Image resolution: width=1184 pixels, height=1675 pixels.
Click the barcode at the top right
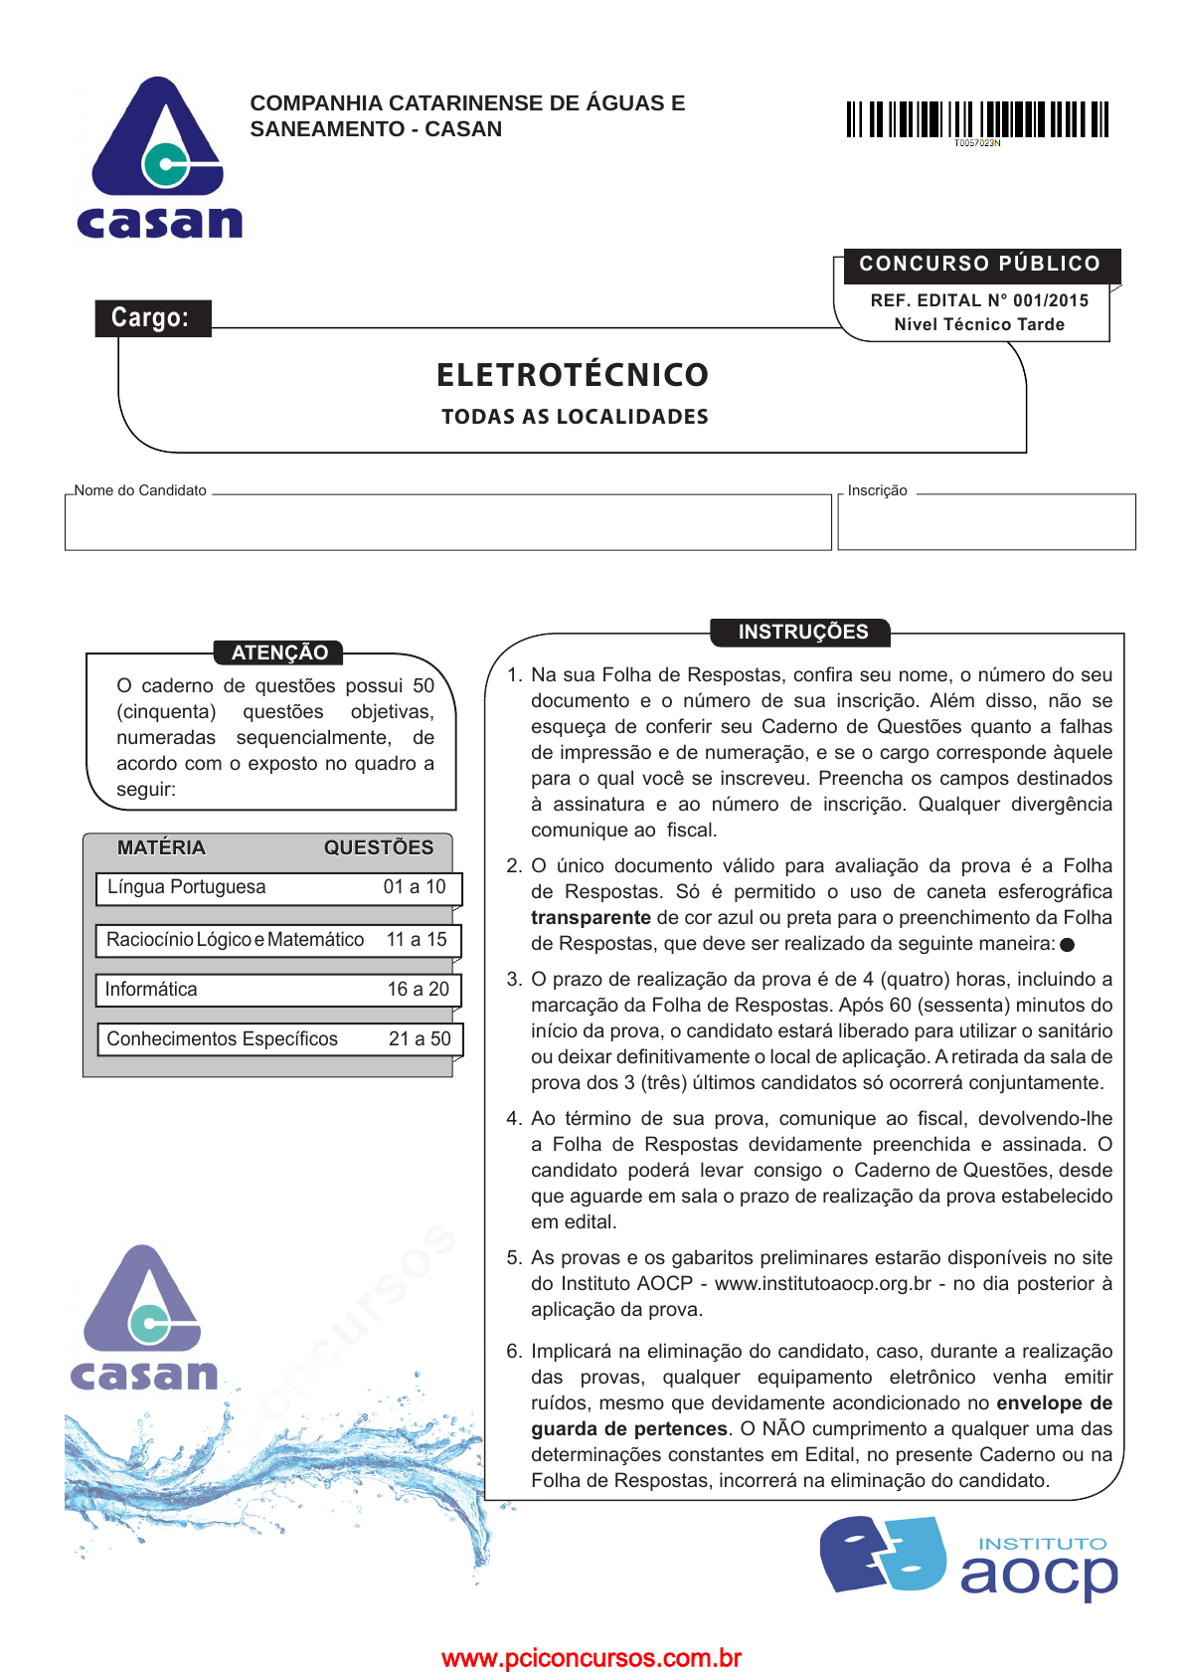coord(977,120)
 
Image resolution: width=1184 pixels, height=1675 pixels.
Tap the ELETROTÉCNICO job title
coord(573,375)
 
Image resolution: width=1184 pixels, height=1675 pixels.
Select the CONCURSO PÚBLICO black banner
coord(980,265)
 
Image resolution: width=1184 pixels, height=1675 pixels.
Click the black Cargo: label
coord(151,318)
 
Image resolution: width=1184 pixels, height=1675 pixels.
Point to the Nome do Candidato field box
coord(447,522)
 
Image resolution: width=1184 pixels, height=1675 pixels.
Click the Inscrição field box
coord(986,522)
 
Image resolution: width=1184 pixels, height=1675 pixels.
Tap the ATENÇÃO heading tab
coord(279,652)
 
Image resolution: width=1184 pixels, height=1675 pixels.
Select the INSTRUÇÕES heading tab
coord(802,632)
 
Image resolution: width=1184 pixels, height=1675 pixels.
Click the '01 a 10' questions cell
coord(415,887)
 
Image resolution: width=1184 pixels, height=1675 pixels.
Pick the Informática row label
coord(151,990)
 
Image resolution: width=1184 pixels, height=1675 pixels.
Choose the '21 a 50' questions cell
coord(420,1039)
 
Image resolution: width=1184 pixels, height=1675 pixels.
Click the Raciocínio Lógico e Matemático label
coord(236,940)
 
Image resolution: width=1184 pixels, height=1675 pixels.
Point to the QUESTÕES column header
coord(379,848)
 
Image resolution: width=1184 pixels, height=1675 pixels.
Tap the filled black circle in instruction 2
coord(1068,945)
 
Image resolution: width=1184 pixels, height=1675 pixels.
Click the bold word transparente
coord(591,918)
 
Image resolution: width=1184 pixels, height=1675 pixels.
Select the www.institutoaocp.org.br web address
coord(823,1284)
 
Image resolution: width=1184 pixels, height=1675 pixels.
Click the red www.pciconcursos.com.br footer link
coord(592,1658)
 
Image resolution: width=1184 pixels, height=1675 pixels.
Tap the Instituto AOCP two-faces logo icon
coord(884,1554)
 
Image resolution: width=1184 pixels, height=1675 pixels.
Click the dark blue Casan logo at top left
coord(159,159)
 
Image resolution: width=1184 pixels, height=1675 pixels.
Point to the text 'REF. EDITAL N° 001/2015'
coord(979,300)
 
